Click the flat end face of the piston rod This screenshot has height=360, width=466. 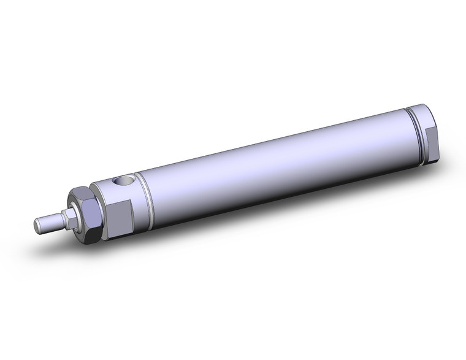(37, 221)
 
